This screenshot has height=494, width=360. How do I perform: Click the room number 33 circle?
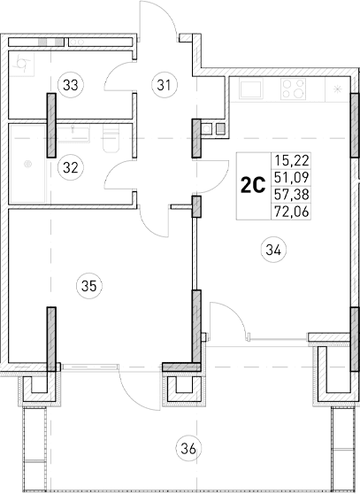click(x=69, y=85)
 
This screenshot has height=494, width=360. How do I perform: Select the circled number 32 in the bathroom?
click(x=69, y=165)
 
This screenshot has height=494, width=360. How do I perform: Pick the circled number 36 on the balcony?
click(x=187, y=447)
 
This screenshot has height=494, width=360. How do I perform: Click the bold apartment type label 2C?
click(x=254, y=185)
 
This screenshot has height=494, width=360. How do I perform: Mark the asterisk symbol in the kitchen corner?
click(x=338, y=90)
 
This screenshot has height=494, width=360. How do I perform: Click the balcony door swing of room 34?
click(x=226, y=319)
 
